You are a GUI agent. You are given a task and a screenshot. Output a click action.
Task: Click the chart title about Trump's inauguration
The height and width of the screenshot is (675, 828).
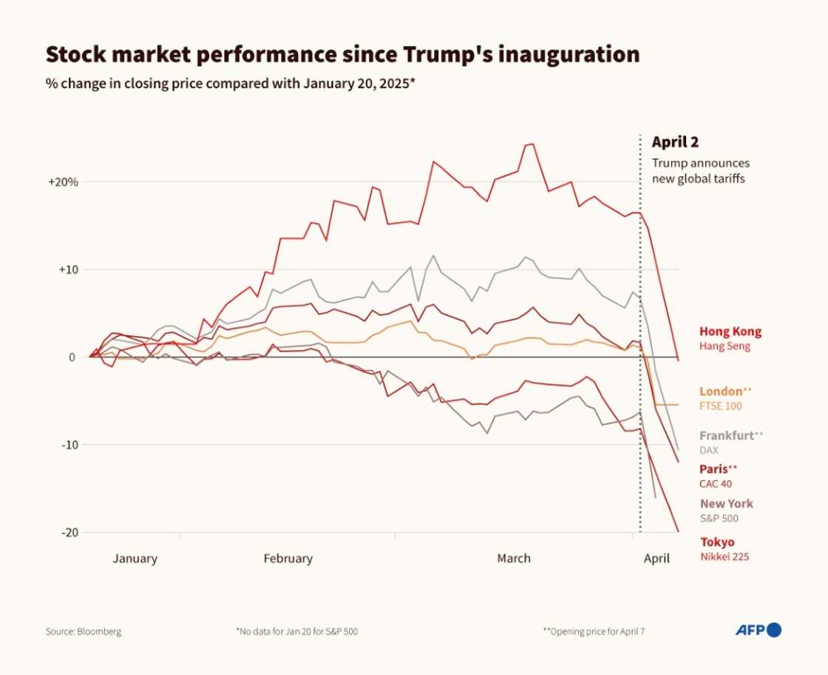coord(342,55)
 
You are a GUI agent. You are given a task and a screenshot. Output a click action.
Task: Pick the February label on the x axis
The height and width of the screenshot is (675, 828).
coord(288,559)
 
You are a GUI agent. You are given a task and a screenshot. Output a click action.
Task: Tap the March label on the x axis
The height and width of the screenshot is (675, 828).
coord(513,559)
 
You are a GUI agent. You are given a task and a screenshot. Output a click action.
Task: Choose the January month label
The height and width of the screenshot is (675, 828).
coord(135,559)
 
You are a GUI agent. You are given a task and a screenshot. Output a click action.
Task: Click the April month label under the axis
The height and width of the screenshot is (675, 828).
coord(656,559)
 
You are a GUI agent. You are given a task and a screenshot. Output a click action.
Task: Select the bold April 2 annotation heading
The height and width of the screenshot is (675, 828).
coord(674,142)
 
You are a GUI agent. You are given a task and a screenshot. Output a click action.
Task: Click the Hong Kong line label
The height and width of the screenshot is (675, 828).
coord(730,332)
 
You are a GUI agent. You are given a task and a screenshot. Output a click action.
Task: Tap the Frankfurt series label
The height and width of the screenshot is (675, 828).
coord(727,436)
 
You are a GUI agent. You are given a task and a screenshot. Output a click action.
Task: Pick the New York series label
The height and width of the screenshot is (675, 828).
coord(726,503)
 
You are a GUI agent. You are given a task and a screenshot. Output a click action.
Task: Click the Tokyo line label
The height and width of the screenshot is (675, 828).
coord(717,542)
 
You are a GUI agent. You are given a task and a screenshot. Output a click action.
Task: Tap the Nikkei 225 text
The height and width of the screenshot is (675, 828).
coord(724,557)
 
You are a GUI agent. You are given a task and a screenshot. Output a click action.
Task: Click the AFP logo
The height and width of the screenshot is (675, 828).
coord(758,631)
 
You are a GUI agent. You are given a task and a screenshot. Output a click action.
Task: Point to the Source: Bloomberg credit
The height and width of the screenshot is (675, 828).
coord(84,632)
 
